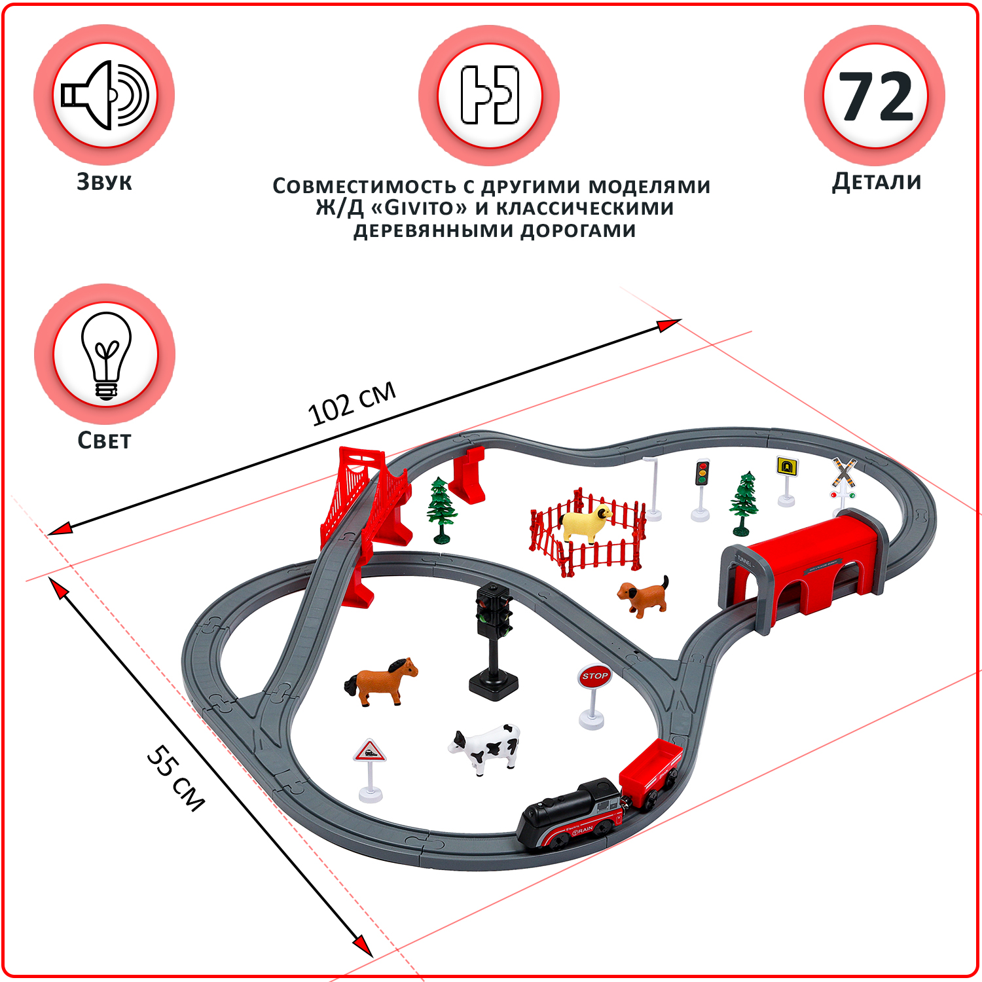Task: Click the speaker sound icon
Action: coord(105,95)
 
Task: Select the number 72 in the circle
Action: coord(876,96)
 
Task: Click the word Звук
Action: coord(104,181)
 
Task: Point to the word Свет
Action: coord(104,440)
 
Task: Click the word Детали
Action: coord(877,181)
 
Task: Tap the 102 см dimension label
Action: coord(352,403)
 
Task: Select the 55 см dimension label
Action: coord(175,778)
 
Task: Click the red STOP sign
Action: coord(594,676)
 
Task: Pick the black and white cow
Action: coord(485,748)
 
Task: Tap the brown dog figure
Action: coord(644,596)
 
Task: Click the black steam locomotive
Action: coord(570,816)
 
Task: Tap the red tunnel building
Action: coord(805,570)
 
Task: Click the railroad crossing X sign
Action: coord(845,473)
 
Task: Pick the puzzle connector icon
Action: coord(490,95)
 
